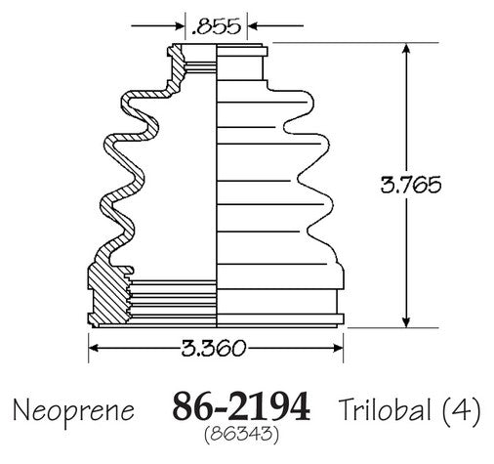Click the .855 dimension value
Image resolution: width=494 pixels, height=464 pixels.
pos(216,26)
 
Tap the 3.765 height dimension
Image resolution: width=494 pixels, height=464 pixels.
pos(411,185)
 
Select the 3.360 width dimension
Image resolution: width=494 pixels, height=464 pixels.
pos(213,348)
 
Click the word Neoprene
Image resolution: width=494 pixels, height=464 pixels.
pos(73,411)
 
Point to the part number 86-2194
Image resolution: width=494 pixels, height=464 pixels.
pos(241,406)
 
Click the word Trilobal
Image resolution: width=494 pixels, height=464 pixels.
pos(385,408)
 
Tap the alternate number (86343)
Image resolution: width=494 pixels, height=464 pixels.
pos(241,435)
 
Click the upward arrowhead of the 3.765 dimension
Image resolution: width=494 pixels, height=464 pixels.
pos(405,49)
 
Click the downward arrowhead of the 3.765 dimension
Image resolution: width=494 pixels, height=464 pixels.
pos(405,322)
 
